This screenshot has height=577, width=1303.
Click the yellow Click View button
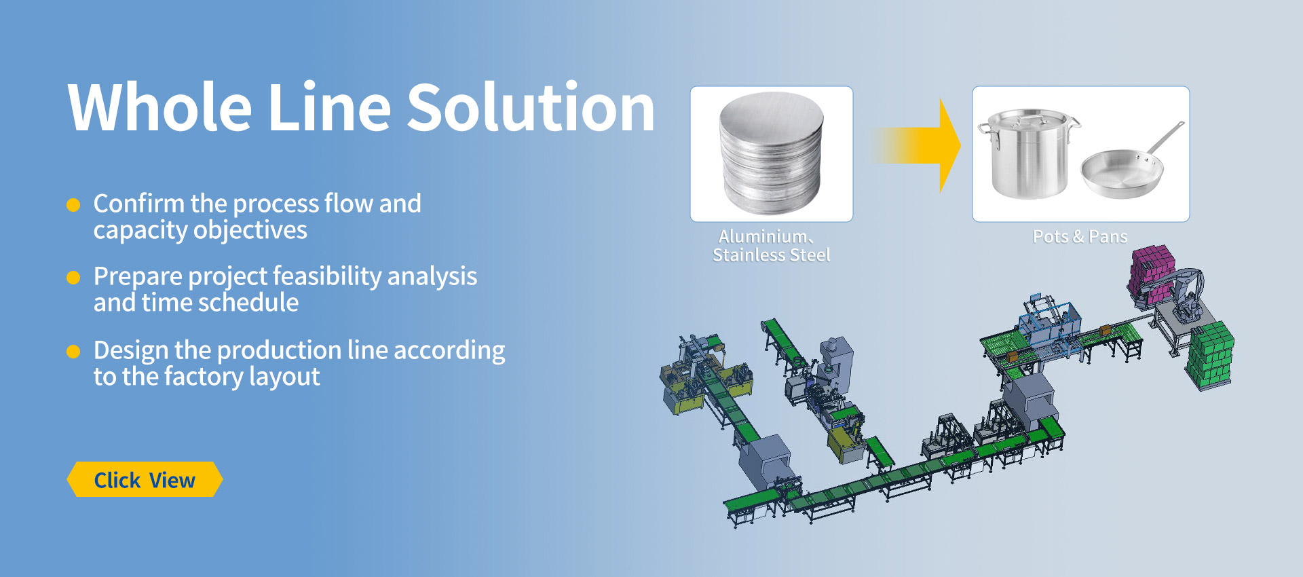(x=145, y=479)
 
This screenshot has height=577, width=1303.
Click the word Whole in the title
(x=160, y=107)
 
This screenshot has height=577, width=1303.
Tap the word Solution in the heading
(x=531, y=107)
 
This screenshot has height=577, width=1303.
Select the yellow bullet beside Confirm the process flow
(x=73, y=205)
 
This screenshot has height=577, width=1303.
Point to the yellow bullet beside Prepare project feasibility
(x=73, y=278)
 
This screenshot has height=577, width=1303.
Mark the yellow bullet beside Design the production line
(x=73, y=351)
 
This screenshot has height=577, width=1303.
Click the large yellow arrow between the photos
(x=916, y=145)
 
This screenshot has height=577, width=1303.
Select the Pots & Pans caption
(x=1080, y=236)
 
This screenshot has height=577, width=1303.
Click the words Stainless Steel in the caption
(x=772, y=255)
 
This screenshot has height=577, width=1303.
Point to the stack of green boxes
(x=1211, y=356)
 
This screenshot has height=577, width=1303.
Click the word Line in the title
(x=330, y=107)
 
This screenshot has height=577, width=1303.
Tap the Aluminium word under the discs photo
(x=763, y=236)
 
